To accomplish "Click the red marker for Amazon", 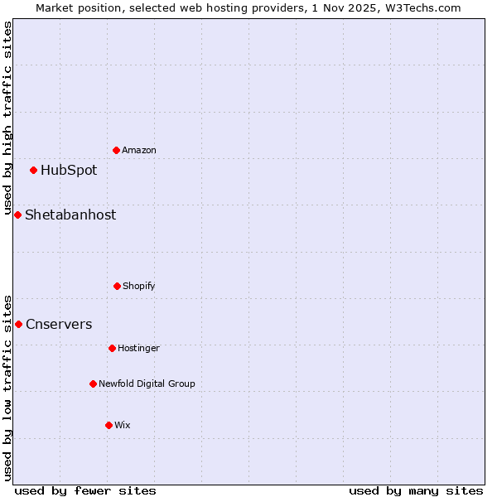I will (116, 150).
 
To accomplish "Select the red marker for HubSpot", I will (33, 171).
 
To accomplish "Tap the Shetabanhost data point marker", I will (17, 215).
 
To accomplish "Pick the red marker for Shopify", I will (117, 286).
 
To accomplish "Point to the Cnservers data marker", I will (18, 324).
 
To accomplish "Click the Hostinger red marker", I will (112, 348).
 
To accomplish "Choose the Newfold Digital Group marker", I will (93, 384).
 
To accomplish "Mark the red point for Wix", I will (109, 425).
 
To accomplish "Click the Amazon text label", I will (139, 150).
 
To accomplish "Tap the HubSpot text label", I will (69, 171).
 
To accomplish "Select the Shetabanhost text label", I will (70, 215).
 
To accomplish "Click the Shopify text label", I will (139, 286).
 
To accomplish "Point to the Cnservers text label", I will (59, 324).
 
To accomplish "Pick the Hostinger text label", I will (138, 348).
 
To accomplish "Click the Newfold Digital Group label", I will (147, 384).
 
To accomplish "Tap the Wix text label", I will (123, 425).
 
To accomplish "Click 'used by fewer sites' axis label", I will (85, 490).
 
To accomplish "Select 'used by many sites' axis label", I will (416, 490).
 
